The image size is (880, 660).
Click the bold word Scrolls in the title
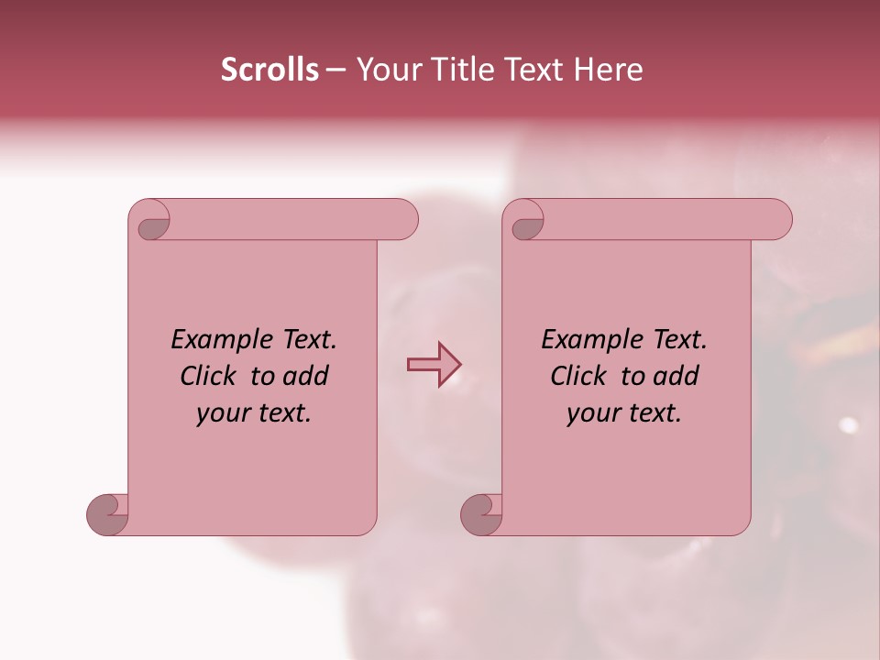coord(270,70)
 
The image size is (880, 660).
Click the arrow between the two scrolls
coord(434,365)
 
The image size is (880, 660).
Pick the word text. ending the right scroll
coord(653,414)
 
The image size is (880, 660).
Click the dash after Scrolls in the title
coord(336,71)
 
